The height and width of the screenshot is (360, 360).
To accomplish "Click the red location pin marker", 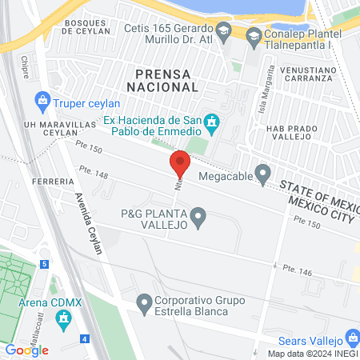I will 180,164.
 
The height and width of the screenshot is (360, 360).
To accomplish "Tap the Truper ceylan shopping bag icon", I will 42,102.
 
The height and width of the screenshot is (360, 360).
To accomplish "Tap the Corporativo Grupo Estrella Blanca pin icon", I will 144,303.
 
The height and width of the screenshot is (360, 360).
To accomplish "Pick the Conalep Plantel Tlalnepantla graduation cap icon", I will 254,35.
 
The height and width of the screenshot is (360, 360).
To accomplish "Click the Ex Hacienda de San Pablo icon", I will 212,122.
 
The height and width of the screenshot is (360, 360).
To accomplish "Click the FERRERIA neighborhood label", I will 54,182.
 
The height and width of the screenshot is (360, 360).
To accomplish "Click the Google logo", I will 26,350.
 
